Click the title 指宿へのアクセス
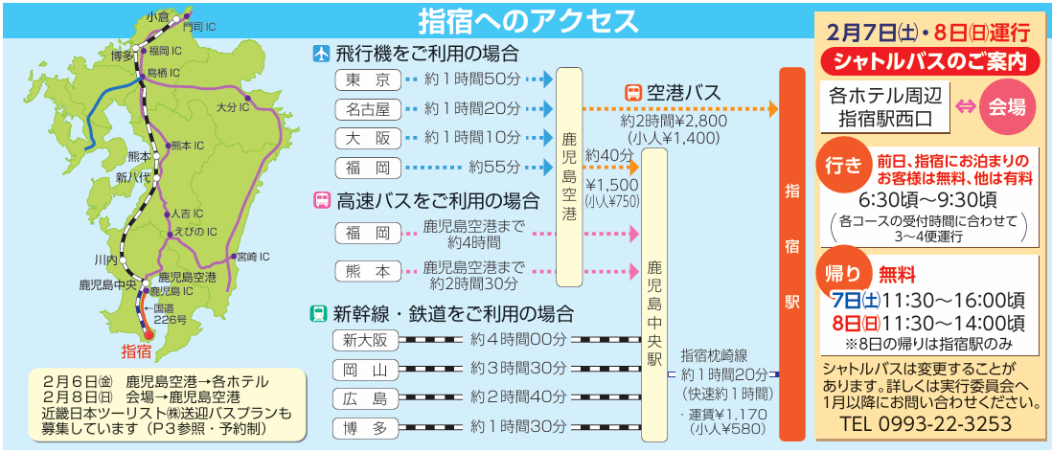tap(528, 20)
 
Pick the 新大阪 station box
tap(367, 340)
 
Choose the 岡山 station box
tap(367, 370)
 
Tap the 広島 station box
tap(367, 399)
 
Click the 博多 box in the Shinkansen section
tap(367, 428)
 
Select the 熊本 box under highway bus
tap(368, 272)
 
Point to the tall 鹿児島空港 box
tap(569, 177)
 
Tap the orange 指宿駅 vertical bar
tap(791, 254)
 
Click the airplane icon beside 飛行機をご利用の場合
tap(322, 54)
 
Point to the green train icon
tap(318, 314)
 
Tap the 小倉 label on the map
tap(156, 16)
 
